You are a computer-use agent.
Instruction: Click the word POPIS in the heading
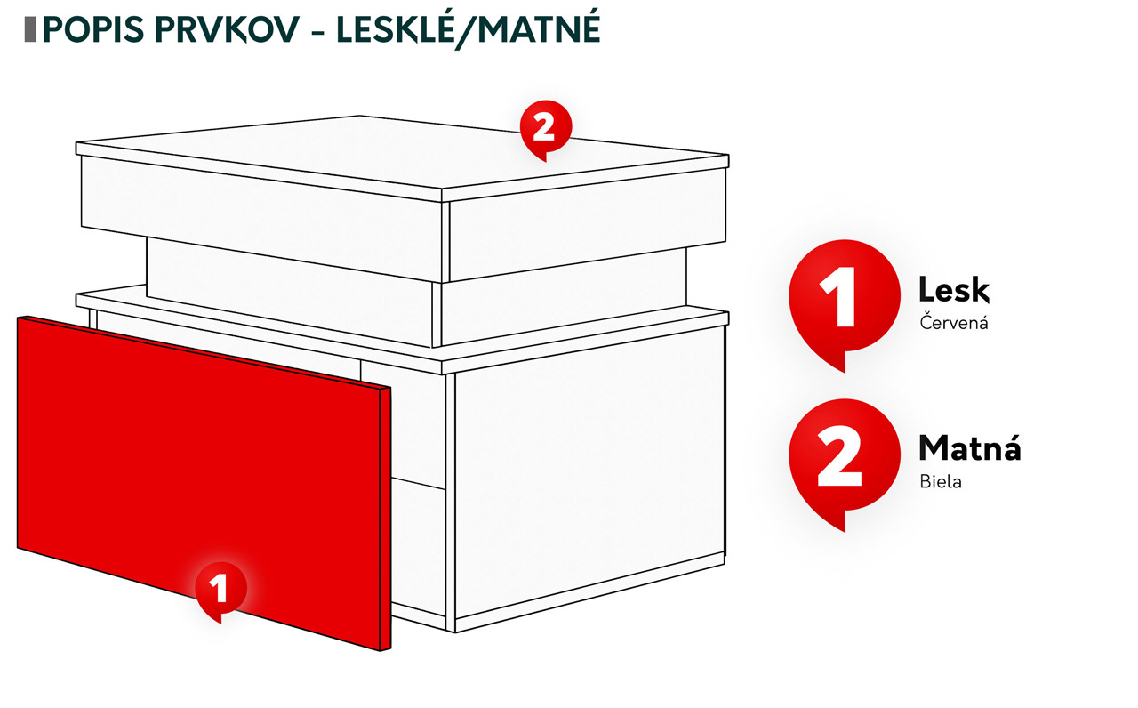click(x=93, y=29)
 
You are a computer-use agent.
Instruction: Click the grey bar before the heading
click(x=30, y=29)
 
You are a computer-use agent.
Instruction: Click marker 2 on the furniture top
click(x=546, y=129)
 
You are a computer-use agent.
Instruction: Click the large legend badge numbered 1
click(x=845, y=302)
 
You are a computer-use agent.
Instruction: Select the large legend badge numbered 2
click(x=845, y=462)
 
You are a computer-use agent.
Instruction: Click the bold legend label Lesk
click(x=954, y=290)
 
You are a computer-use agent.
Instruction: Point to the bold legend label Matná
click(x=969, y=447)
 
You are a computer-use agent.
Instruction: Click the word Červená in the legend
click(x=954, y=322)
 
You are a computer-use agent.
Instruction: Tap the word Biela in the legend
click(x=941, y=482)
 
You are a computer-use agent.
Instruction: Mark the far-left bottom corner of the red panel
click(x=18, y=548)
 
